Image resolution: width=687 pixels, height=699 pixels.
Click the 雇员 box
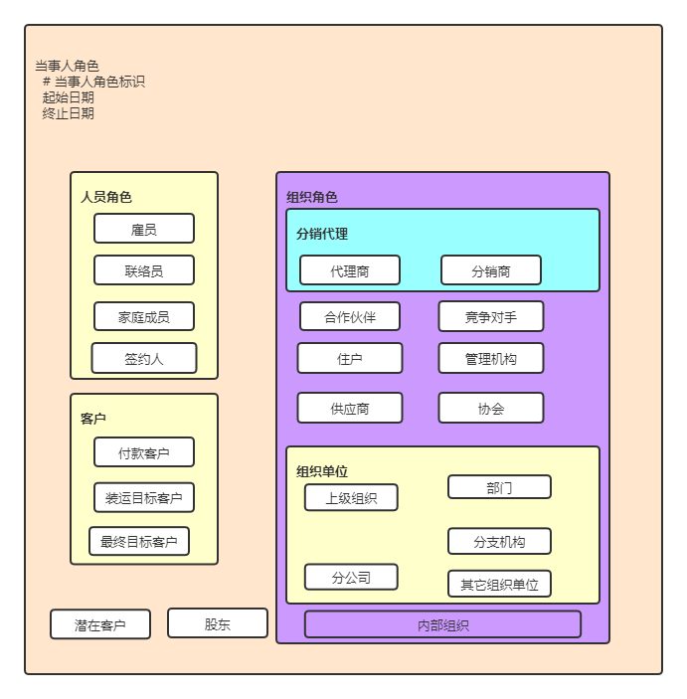point(144,229)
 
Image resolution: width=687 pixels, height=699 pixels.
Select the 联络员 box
point(144,270)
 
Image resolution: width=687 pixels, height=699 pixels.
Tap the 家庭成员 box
point(144,317)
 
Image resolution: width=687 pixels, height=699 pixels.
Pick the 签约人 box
point(144,359)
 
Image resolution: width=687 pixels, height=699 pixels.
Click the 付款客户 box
point(144,452)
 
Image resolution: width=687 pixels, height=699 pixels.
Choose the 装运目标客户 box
point(144,497)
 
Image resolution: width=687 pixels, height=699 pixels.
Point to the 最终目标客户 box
point(139,542)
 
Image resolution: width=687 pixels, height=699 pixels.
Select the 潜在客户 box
point(100,624)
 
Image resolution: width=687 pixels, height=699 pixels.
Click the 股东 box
point(218,623)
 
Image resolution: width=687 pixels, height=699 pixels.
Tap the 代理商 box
point(350,270)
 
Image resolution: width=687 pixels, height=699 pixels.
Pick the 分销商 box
point(491,270)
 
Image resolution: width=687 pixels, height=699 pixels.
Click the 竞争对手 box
point(491,316)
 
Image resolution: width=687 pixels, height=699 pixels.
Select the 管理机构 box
point(491,358)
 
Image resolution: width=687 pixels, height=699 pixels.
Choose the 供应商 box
point(350,408)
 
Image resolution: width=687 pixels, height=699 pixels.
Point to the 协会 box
point(491,408)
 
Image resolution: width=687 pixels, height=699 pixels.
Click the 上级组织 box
point(351,497)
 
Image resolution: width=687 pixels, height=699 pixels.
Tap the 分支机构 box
point(499,541)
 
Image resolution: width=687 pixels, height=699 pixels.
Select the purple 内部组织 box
point(442,624)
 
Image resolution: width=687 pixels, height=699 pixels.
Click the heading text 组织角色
point(311,197)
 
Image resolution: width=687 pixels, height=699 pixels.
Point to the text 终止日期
point(69,113)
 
